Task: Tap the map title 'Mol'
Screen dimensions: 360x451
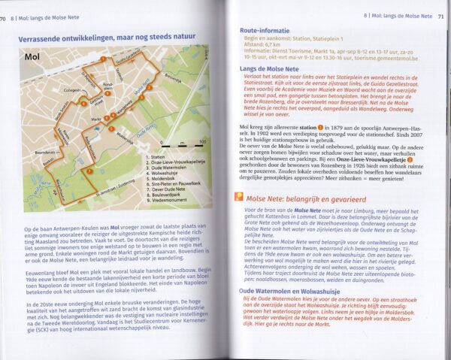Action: coord(32,55)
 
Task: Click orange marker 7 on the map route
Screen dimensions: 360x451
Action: coord(90,171)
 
